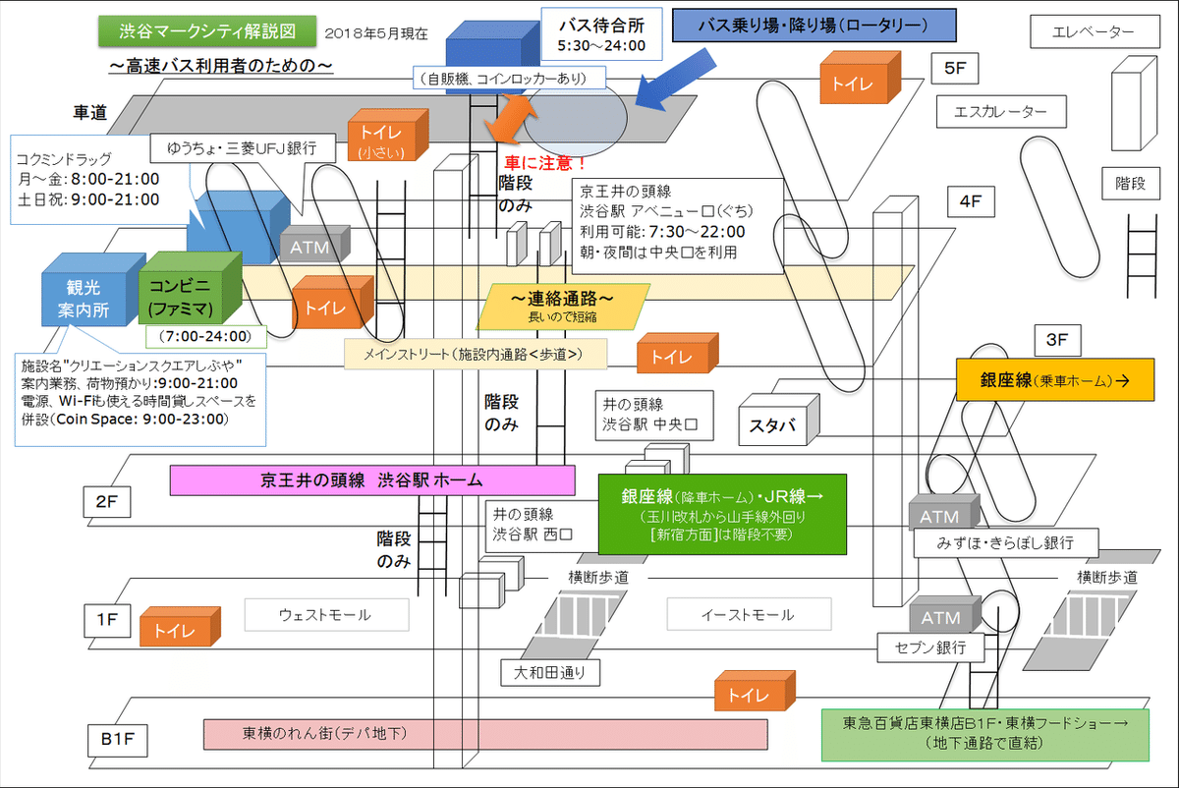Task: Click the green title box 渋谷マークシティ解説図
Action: pyautogui.click(x=207, y=31)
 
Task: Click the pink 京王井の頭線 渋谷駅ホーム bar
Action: pyautogui.click(x=371, y=480)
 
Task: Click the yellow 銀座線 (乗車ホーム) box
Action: pyautogui.click(x=1054, y=379)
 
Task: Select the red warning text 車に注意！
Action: pyautogui.click(x=545, y=162)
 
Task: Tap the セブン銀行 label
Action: pyautogui.click(x=930, y=647)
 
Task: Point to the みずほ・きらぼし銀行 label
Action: pyautogui.click(x=1005, y=542)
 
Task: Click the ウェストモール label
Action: pyautogui.click(x=325, y=615)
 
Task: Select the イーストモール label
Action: pyautogui.click(x=748, y=615)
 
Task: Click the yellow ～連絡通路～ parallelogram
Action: pyautogui.click(x=563, y=304)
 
